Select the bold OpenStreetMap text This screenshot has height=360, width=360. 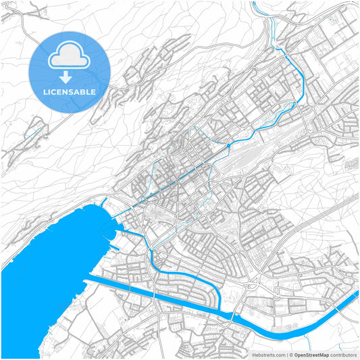pos(311,355)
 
